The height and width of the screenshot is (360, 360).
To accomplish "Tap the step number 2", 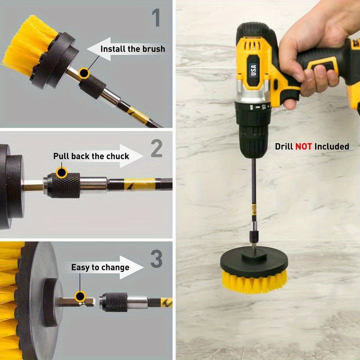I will click(156, 148).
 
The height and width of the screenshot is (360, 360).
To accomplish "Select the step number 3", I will click(156, 259).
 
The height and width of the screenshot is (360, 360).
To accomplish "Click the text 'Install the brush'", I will click(132, 49).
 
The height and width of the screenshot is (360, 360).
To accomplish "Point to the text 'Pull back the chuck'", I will click(91, 157).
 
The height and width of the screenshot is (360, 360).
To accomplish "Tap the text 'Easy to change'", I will click(100, 267).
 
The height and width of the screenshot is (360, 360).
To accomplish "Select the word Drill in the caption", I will click(284, 146).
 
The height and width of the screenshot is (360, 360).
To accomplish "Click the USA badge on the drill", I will click(254, 70).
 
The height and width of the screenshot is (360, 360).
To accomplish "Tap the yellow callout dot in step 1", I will click(84, 72).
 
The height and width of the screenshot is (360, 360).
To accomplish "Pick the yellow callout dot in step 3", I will click(81, 296).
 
